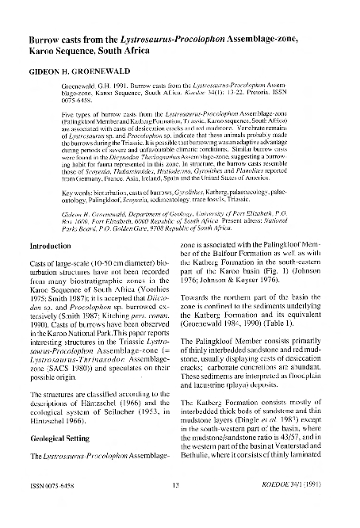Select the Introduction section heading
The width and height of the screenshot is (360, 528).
click(49, 246)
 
